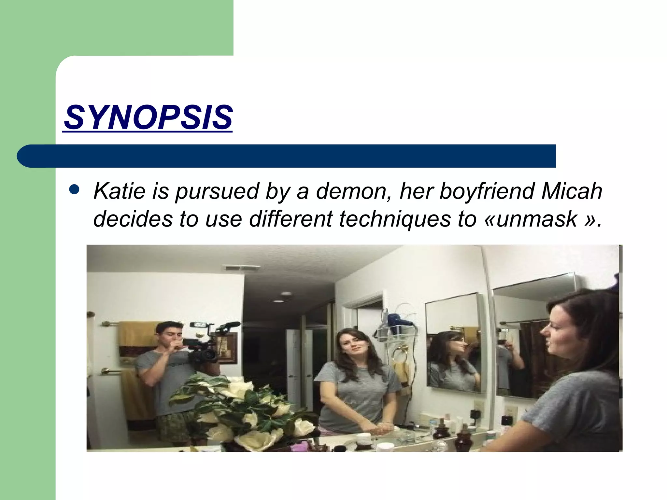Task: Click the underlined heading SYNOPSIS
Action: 148,117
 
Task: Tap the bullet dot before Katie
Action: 75,190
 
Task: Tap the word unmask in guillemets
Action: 537,219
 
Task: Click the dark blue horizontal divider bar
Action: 287,156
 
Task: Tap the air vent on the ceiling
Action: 242,269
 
